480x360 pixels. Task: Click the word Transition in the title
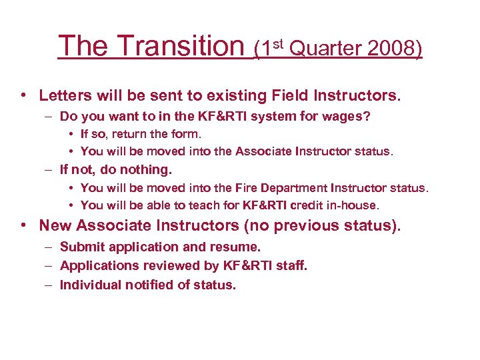click(x=181, y=46)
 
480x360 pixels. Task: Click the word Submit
click(x=81, y=247)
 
